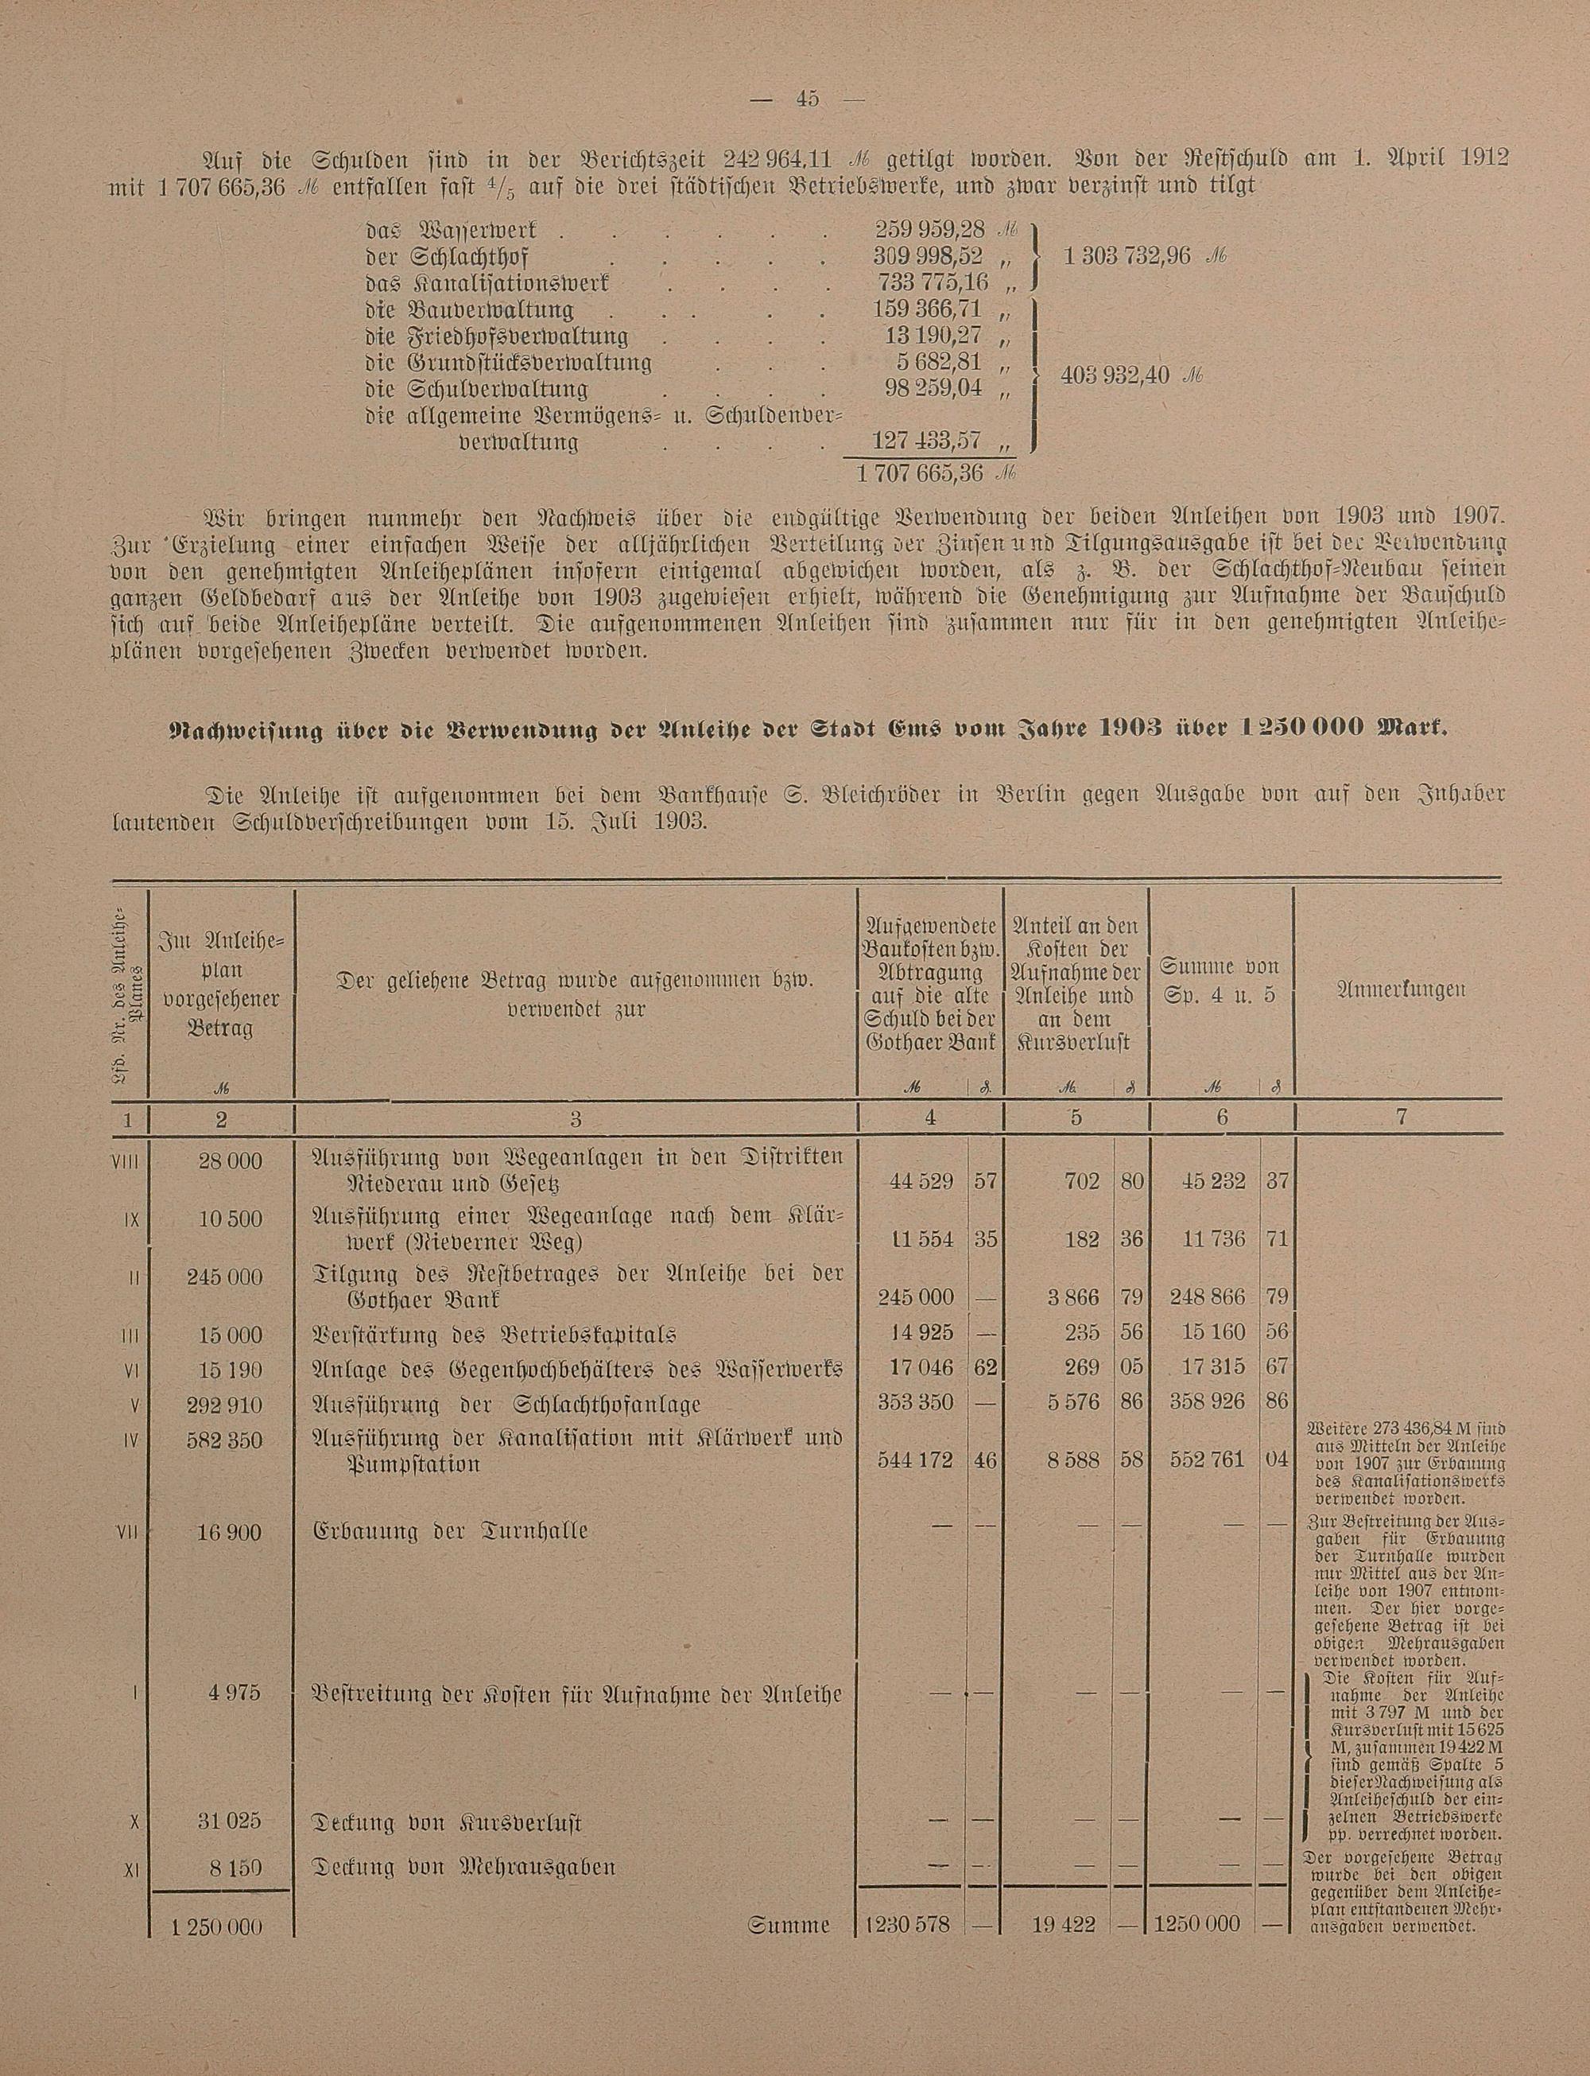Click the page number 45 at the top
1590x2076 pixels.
pos(806,99)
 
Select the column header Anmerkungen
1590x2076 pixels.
pos(1401,989)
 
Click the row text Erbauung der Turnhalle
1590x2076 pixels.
pos(449,1530)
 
